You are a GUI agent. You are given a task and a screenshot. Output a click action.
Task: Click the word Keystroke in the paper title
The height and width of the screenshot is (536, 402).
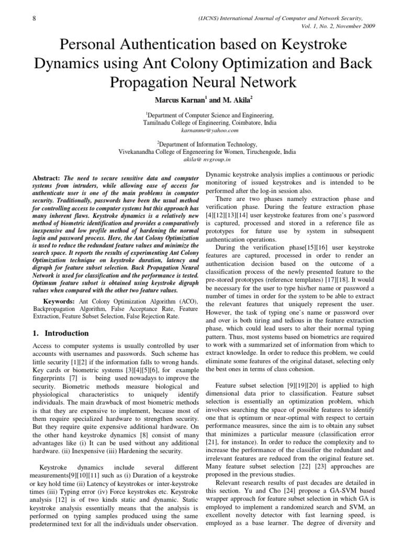[318, 45]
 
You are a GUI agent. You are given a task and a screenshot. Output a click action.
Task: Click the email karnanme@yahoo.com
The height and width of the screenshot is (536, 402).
[200, 128]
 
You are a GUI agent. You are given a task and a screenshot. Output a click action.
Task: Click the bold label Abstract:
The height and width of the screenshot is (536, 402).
[47, 178]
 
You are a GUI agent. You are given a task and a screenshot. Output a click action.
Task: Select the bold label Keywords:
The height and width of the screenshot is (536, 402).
[60, 302]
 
